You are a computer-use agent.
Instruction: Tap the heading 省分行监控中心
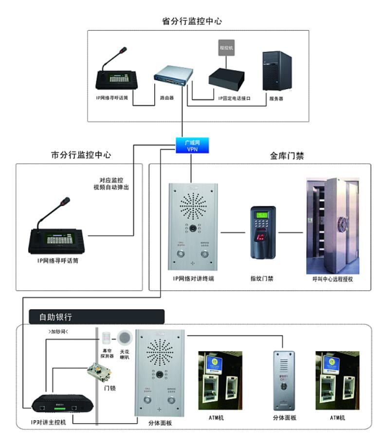click(192, 21)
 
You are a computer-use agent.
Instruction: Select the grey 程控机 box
click(227, 49)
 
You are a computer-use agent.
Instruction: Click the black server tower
click(276, 71)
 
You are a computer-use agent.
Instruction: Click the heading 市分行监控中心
click(81, 155)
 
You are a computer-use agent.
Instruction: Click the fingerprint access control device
click(263, 232)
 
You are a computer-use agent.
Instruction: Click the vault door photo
click(332, 225)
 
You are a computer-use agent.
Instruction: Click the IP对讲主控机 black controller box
click(58, 404)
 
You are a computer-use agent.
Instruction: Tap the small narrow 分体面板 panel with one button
click(285, 379)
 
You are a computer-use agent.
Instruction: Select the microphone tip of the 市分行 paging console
click(67, 200)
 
